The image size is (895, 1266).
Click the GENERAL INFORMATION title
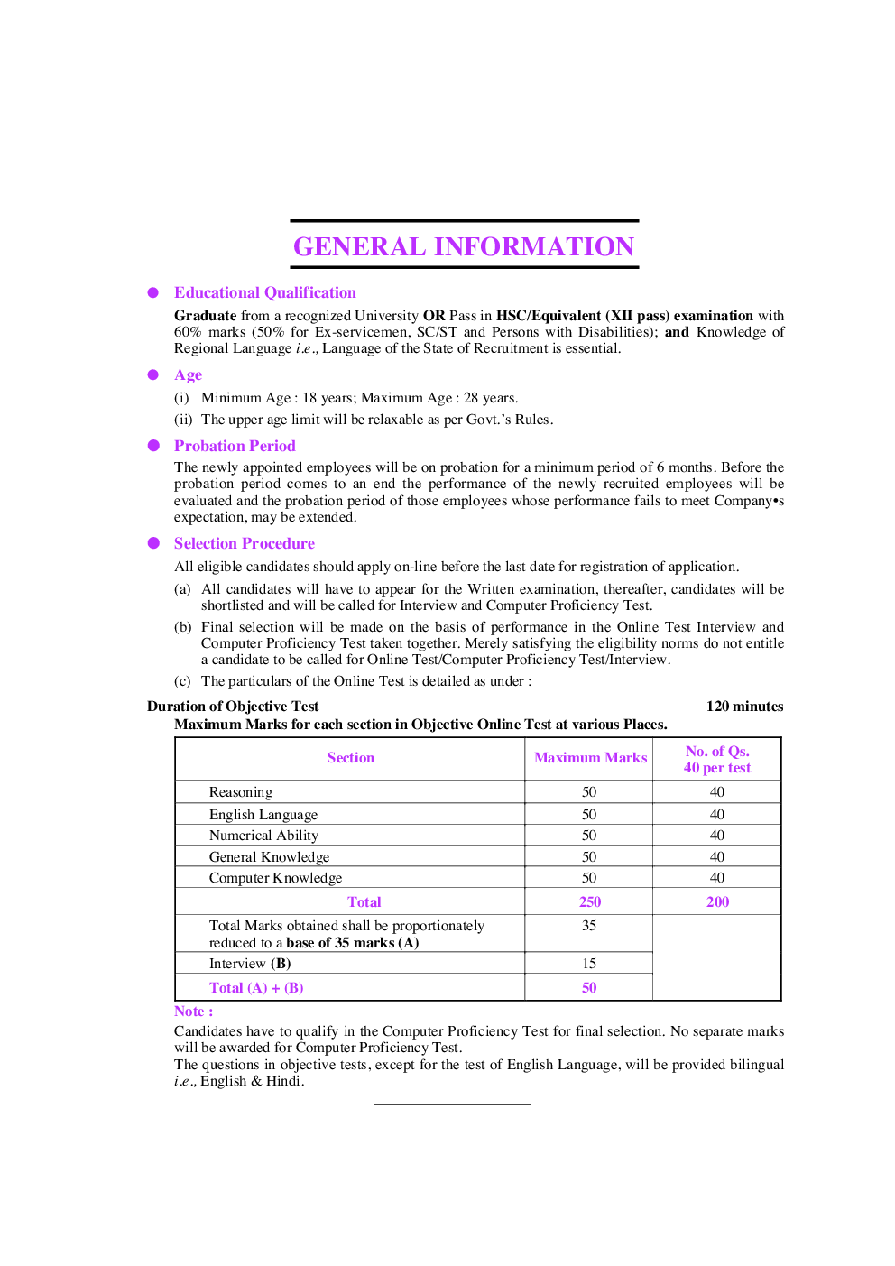[464, 246]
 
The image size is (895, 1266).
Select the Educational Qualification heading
[264, 292]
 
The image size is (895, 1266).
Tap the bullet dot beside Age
[153, 374]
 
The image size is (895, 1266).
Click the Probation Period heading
[235, 446]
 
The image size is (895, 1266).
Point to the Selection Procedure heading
[244, 543]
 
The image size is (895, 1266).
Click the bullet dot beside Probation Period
[153, 446]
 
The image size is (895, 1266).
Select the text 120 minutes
[744, 707]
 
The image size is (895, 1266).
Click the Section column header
[350, 758]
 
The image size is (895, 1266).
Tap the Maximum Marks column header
[590, 758]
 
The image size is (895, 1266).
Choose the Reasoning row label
[241, 792]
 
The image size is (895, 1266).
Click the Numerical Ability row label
[263, 836]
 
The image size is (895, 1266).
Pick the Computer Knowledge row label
[275, 878]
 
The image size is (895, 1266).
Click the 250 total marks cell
[590, 901]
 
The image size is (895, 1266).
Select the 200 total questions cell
[717, 901]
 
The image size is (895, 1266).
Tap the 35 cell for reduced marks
[589, 926]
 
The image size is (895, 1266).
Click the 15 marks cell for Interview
[589, 964]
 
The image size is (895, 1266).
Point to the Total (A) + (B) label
[256, 988]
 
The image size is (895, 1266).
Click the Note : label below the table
[193, 1012]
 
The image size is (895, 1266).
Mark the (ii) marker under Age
[183, 420]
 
